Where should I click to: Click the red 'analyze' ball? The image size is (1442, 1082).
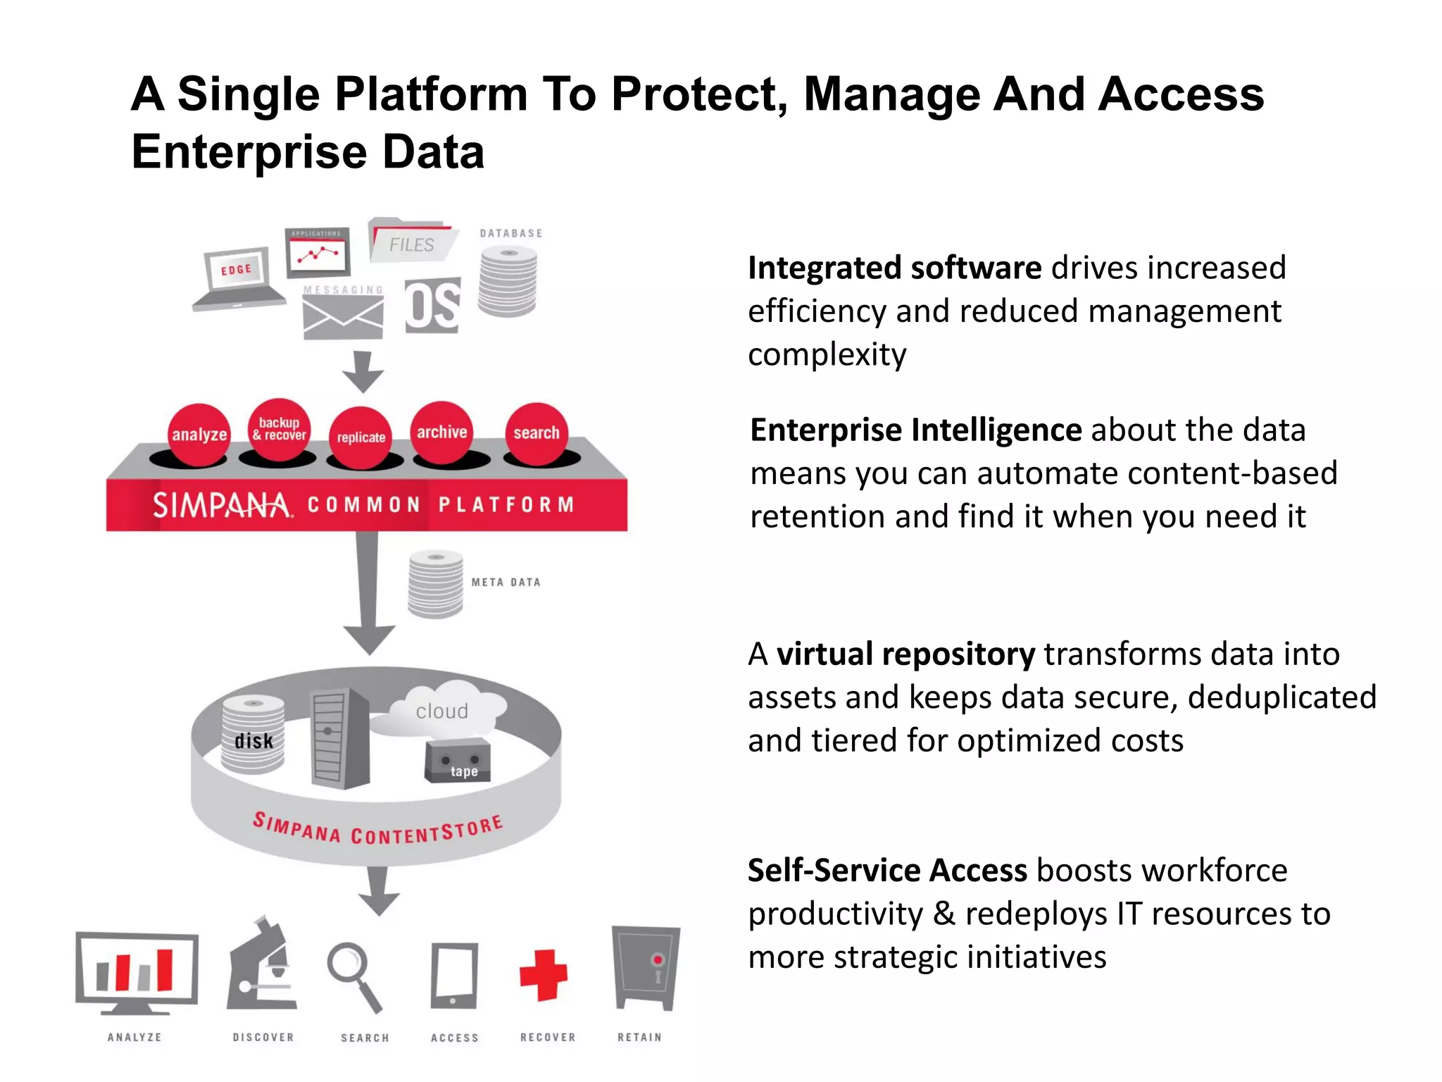(199, 434)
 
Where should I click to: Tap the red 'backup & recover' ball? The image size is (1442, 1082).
(280, 429)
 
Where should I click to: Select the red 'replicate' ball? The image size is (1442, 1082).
(360, 437)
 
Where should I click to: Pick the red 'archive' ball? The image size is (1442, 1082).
(441, 432)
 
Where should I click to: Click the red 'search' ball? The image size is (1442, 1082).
(537, 433)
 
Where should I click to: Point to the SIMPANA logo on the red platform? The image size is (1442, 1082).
(221, 505)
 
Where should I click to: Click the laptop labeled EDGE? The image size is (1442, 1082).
(237, 278)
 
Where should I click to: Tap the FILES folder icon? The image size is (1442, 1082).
(412, 242)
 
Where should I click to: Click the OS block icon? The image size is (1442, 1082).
(432, 306)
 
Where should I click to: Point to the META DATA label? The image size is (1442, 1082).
(506, 583)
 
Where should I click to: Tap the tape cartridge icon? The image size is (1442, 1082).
(458, 761)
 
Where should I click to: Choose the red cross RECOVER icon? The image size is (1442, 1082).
(543, 975)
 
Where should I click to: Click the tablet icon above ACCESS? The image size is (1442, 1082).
(454, 976)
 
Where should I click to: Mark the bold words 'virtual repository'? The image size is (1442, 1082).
(905, 654)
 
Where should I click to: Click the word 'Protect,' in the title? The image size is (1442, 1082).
(699, 94)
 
